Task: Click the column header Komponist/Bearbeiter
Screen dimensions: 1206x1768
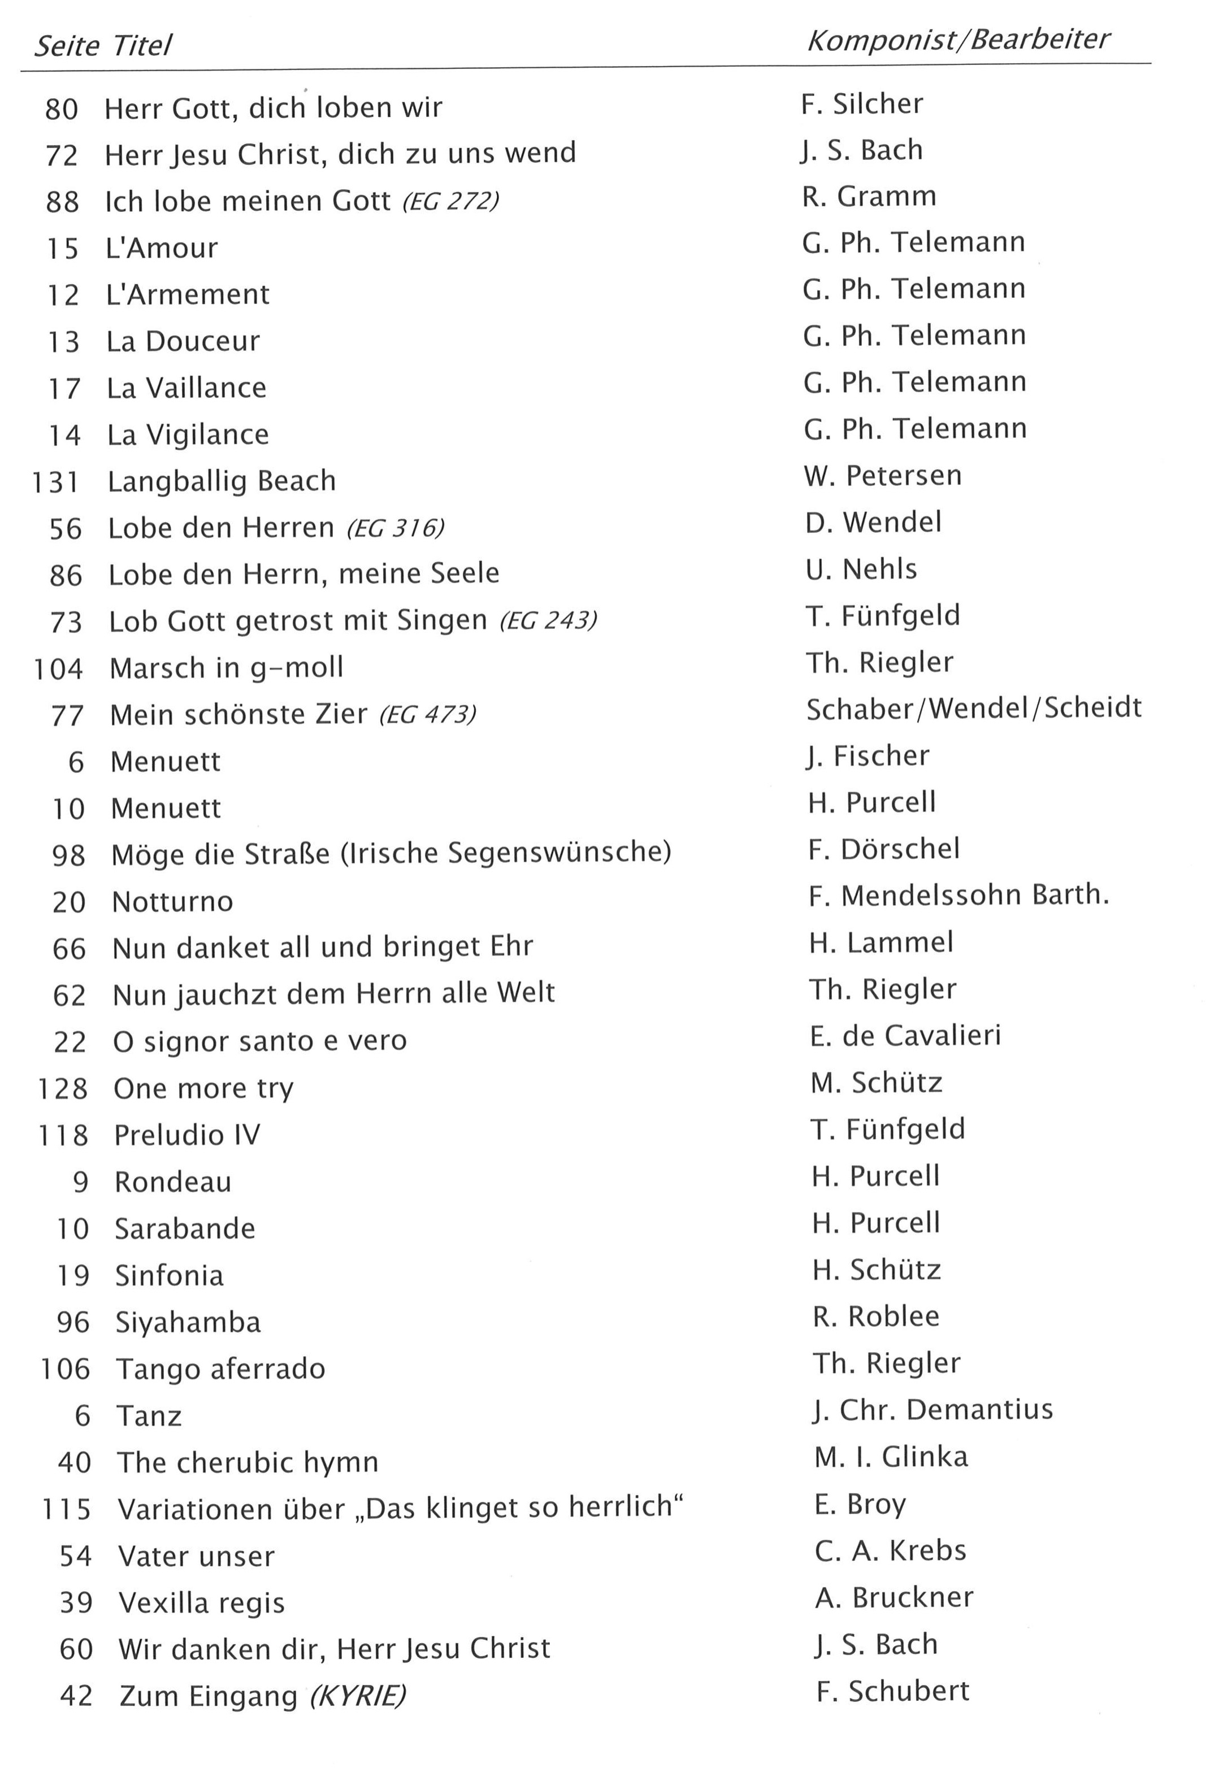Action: pyautogui.click(x=957, y=40)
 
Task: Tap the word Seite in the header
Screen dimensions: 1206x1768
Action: pyautogui.click(x=67, y=46)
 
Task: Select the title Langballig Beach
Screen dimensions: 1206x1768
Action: pyautogui.click(x=222, y=481)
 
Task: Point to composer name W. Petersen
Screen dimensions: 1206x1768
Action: pyautogui.click(x=883, y=475)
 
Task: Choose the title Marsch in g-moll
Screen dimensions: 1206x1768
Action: pyautogui.click(x=226, y=668)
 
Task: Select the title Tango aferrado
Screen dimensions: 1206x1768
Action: pyautogui.click(x=220, y=1369)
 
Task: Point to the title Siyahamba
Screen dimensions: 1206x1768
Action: pyautogui.click(x=188, y=1322)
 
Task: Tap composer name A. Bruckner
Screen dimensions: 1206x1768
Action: pyautogui.click(x=894, y=1597)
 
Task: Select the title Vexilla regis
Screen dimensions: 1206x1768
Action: pyautogui.click(x=202, y=1603)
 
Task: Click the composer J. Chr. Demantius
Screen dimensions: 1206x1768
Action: pyautogui.click(x=933, y=1410)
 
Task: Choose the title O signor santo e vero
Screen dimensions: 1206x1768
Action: pyautogui.click(x=259, y=1041)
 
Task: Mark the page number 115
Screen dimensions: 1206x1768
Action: pyautogui.click(x=66, y=1509)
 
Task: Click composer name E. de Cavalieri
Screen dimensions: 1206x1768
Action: pyautogui.click(x=905, y=1035)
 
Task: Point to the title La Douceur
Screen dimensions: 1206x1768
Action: pyautogui.click(x=183, y=342)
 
